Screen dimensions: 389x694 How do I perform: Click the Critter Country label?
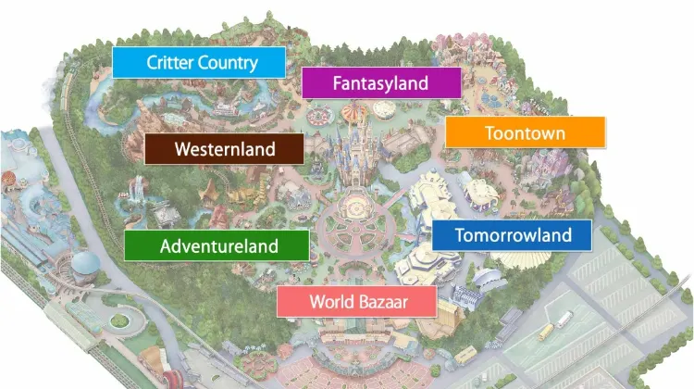[198, 62]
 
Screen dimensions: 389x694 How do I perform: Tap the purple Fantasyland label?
[380, 82]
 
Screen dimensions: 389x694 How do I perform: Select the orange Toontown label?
[525, 132]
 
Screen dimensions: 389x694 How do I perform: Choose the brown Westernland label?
[224, 148]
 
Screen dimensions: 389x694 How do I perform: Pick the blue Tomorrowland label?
[513, 234]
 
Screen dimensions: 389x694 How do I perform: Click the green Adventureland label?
[217, 245]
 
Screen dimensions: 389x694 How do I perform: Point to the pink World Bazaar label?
[358, 301]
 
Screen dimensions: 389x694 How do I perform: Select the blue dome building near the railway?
[85, 264]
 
